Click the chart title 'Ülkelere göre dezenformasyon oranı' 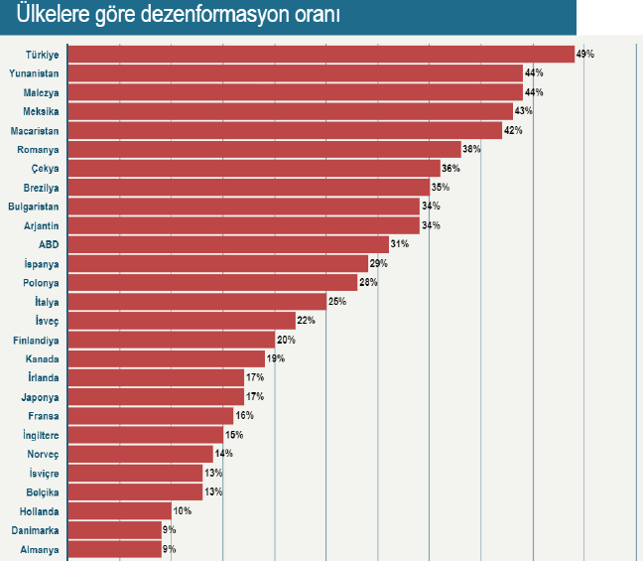pyautogui.click(x=172, y=17)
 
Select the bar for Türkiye pyautogui.click(x=321, y=54)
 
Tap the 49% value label pyautogui.click(x=584, y=54)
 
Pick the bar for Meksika pyautogui.click(x=290, y=111)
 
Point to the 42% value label pyautogui.click(x=512, y=130)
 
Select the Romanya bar pyautogui.click(x=264, y=149)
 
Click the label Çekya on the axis pyautogui.click(x=46, y=168)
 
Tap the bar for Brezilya pyautogui.click(x=248, y=187)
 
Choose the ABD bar pyautogui.click(x=228, y=244)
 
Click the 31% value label pyautogui.click(x=400, y=244)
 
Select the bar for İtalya pyautogui.click(x=196, y=301)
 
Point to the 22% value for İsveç pyautogui.click(x=306, y=320)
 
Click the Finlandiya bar pyautogui.click(x=171, y=340)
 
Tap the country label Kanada pyautogui.click(x=42, y=358)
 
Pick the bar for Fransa pyautogui.click(x=150, y=416)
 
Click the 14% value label pyautogui.click(x=222, y=454)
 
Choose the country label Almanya pyautogui.click(x=41, y=549)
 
